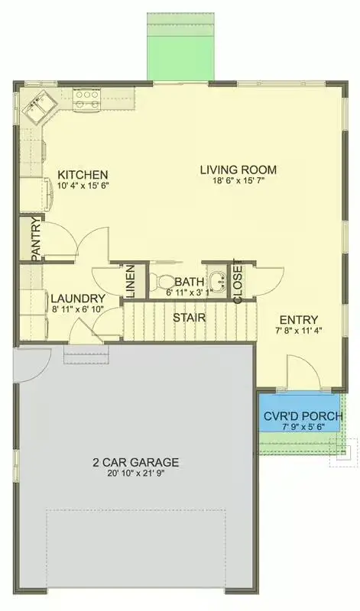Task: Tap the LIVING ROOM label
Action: pyautogui.click(x=238, y=170)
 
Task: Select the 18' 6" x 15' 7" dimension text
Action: pyautogui.click(x=238, y=182)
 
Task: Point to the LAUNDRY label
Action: pyautogui.click(x=77, y=298)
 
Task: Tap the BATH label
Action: pyautogui.click(x=189, y=281)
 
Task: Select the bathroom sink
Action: pyautogui.click(x=218, y=281)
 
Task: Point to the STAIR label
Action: pyautogui.click(x=187, y=316)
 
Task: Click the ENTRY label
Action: pyautogui.click(x=299, y=319)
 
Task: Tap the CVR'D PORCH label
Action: pyautogui.click(x=303, y=416)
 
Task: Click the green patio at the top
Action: pyautogui.click(x=177, y=46)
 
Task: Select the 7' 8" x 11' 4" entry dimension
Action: pyautogui.click(x=299, y=331)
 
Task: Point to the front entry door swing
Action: pyautogui.click(x=300, y=374)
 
